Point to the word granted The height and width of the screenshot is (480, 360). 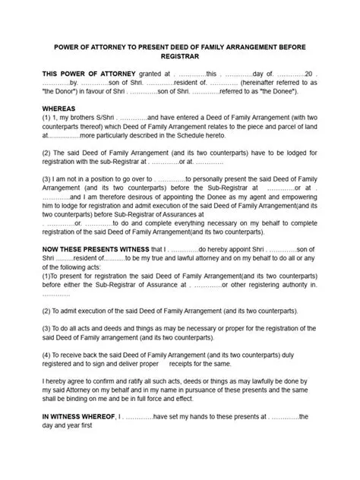(143, 73)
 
